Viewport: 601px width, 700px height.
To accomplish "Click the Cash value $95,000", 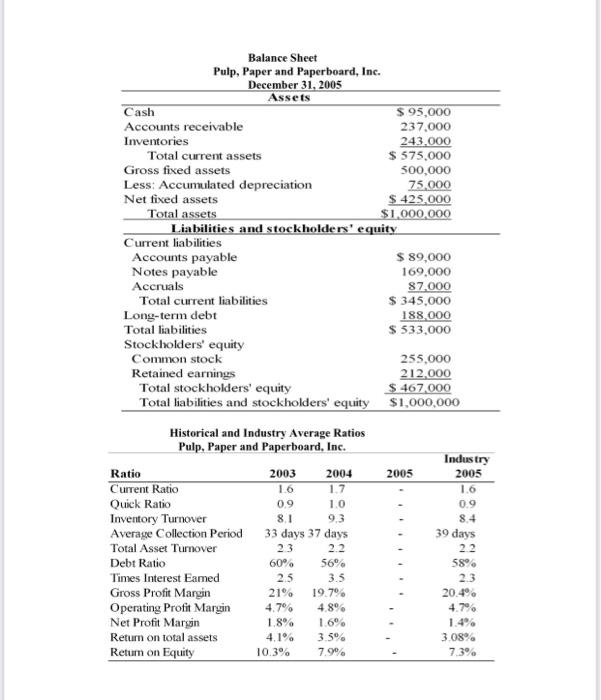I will [x=424, y=112].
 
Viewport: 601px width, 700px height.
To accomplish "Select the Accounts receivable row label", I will [x=183, y=127].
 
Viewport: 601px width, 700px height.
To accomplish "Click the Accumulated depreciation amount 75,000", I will [x=430, y=184].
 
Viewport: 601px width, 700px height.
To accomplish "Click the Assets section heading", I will [x=289, y=97].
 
